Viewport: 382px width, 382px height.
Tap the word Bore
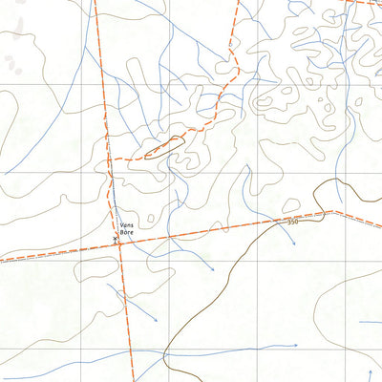[x=127, y=234]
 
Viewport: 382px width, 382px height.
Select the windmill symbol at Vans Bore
[x=117, y=240]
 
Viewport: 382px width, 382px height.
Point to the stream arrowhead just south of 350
[x=294, y=244]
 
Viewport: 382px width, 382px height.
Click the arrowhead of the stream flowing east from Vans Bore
[x=212, y=269]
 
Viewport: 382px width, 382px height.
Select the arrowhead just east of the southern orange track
[x=156, y=322]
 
